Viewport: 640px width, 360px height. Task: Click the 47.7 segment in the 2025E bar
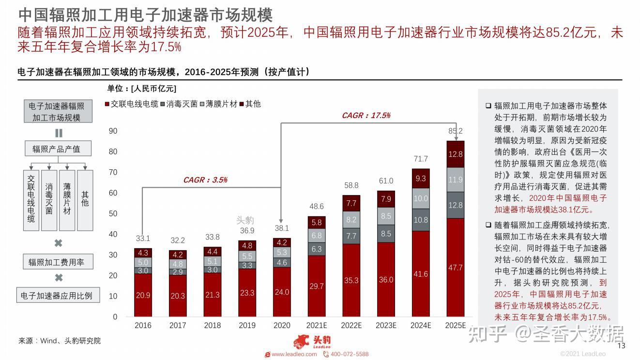456,268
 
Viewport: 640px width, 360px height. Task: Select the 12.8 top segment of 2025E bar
456,154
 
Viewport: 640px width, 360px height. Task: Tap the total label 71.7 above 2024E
421,159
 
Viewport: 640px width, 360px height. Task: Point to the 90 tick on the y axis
113,131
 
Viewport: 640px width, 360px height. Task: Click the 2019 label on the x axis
247,326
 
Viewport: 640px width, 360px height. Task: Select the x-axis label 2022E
351,326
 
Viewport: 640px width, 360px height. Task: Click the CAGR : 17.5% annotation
366,116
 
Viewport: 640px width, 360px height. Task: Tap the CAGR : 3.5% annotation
205,180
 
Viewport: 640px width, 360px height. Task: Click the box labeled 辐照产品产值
56,149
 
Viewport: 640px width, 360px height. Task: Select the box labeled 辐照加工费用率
56,262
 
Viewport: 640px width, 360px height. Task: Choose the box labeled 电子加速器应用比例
56,295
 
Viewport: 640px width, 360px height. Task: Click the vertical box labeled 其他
85,199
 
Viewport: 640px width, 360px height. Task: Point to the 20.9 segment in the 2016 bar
143,295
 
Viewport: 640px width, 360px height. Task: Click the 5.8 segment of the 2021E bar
317,223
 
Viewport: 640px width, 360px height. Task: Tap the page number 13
622,345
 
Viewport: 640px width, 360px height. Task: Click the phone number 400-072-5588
349,354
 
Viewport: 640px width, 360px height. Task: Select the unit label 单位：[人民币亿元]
142,89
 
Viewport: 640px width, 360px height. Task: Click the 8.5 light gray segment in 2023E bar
386,216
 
